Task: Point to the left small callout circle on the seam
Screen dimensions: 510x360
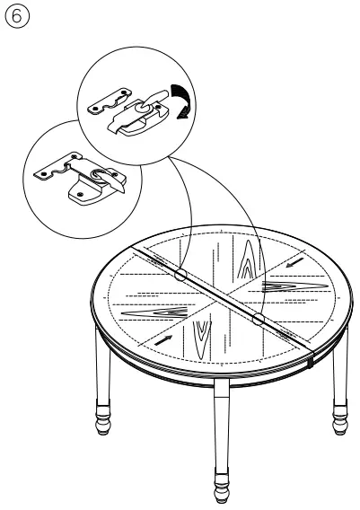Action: click(x=180, y=277)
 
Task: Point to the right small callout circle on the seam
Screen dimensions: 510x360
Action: click(x=259, y=319)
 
